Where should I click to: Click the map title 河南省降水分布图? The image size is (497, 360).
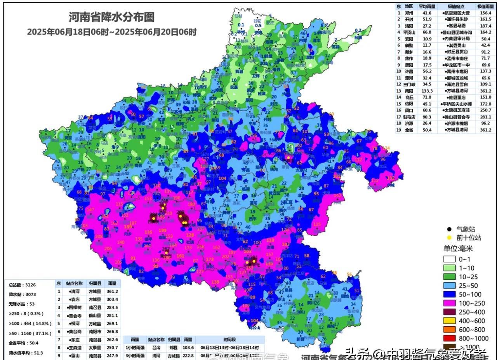click(x=111, y=17)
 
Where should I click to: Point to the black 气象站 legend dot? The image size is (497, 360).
click(x=449, y=229)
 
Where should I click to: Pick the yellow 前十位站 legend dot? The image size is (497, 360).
click(x=449, y=238)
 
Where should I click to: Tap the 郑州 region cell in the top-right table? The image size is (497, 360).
click(x=409, y=13)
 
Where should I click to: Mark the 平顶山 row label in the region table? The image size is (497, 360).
click(x=409, y=32)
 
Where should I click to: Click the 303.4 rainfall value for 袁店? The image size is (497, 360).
click(x=112, y=299)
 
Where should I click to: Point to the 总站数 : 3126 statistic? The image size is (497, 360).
click(x=22, y=285)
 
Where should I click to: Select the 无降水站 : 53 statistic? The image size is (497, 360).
click(x=22, y=304)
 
